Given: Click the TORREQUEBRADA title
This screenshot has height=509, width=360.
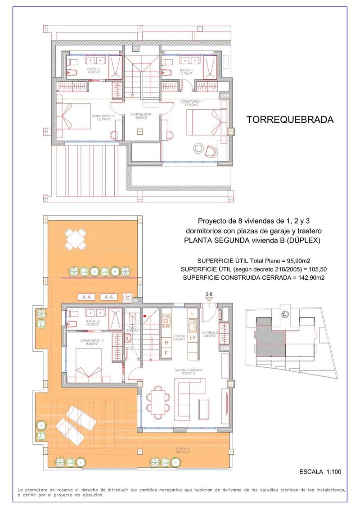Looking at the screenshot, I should (290, 120).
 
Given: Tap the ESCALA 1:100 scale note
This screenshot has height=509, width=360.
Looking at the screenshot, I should (320, 472).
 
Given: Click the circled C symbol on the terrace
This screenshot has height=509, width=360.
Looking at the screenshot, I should (127, 297).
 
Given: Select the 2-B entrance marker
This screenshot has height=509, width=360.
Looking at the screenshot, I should (209, 294).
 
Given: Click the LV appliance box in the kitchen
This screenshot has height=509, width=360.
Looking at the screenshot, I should (192, 337).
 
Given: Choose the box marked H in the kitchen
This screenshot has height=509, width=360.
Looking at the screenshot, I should (166, 343).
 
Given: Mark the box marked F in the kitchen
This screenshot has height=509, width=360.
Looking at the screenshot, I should (166, 353).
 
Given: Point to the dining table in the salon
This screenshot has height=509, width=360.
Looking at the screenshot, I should (158, 400).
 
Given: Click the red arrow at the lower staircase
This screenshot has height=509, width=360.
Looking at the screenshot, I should (145, 317).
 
